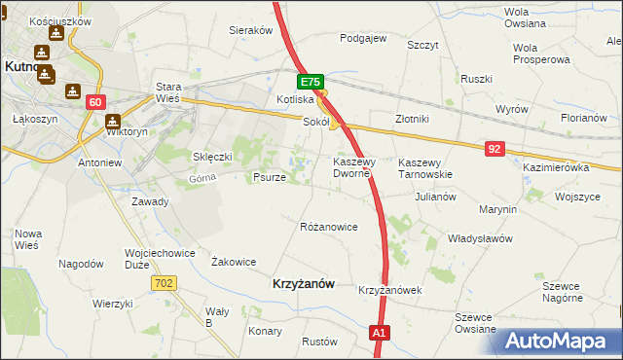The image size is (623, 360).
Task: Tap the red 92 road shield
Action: click(x=495, y=148)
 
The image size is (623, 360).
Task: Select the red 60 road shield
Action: click(x=94, y=102)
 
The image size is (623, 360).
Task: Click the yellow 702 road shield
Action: click(x=164, y=282)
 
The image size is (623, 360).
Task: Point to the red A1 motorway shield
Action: click(x=381, y=334)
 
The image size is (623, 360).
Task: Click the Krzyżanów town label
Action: click(x=302, y=283)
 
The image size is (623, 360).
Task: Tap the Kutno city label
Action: click(x=18, y=67)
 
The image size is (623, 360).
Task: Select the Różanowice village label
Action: click(x=329, y=227)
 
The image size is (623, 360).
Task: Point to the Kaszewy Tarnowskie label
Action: click(x=426, y=167)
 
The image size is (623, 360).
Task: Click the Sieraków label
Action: click(x=250, y=30)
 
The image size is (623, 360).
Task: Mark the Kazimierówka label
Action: click(x=557, y=168)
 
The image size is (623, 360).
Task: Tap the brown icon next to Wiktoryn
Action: click(x=112, y=123)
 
